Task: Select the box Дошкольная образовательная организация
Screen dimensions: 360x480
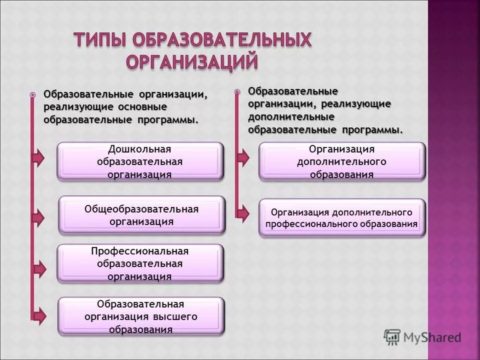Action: (x=140, y=161)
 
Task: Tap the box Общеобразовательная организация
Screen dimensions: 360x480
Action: (x=141, y=215)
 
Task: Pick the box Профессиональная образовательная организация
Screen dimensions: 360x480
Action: (x=140, y=263)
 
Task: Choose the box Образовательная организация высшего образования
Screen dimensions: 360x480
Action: (x=141, y=316)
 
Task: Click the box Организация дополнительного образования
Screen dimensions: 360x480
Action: (x=341, y=161)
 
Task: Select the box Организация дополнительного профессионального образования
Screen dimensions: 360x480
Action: (x=341, y=218)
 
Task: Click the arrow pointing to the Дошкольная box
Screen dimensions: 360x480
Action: (x=38, y=157)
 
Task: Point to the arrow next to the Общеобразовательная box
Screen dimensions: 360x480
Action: (x=38, y=217)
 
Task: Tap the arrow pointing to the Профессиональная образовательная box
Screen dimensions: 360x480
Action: (x=38, y=268)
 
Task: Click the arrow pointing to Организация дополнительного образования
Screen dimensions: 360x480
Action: (x=242, y=157)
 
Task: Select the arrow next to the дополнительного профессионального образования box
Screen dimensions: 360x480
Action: (x=242, y=214)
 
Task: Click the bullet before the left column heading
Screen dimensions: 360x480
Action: (x=32, y=94)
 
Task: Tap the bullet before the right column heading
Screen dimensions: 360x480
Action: (x=237, y=91)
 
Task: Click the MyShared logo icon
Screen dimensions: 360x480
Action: (x=392, y=337)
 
